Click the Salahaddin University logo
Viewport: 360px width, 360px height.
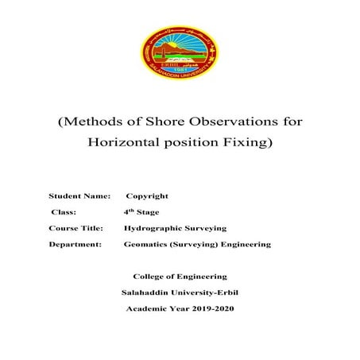click(180, 52)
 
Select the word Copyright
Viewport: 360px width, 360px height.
click(147, 195)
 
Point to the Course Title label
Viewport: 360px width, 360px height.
click(76, 228)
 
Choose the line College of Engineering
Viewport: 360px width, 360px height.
click(180, 277)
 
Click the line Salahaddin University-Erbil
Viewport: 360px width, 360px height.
click(180, 292)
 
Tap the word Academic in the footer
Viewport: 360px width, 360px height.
click(145, 308)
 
